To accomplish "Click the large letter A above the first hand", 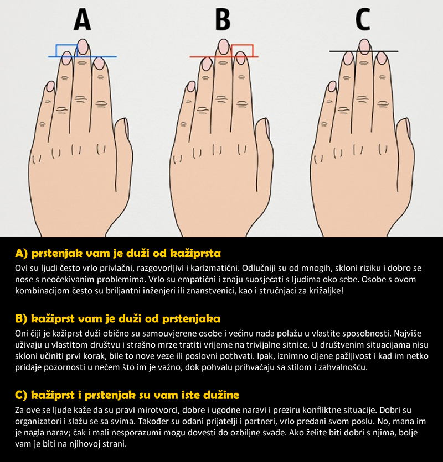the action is pos(83,19).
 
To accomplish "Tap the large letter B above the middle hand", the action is pos(223,19).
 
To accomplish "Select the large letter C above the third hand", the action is pos(363,19).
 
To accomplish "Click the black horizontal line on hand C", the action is pos(364,51).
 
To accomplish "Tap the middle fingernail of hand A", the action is pos(83,46).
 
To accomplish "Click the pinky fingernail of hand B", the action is pos(192,86).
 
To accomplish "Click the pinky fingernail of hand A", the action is pos(50,86).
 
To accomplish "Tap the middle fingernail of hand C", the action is pos(365,46).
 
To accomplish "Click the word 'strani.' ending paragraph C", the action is pos(114,444).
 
